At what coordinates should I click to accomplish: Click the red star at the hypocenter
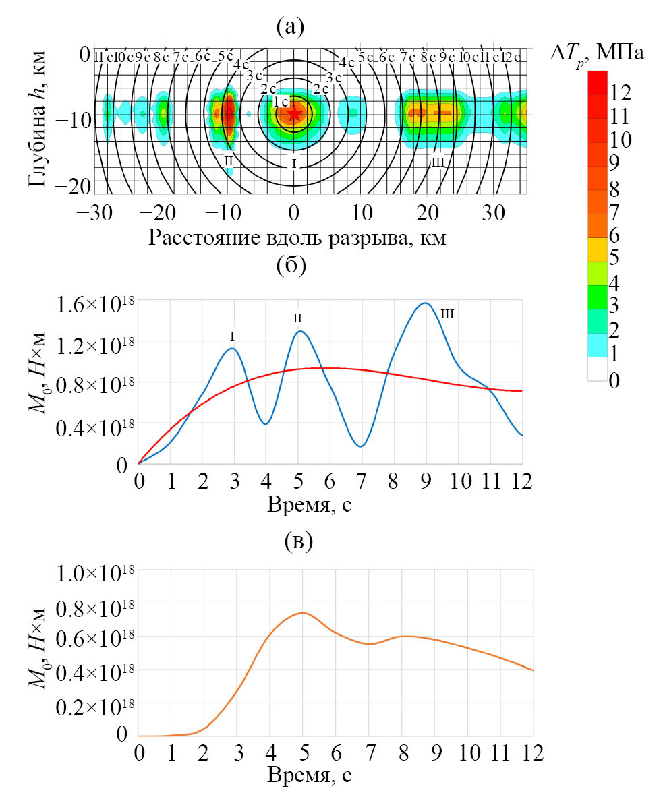[x=294, y=113]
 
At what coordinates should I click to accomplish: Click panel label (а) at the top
[x=291, y=27]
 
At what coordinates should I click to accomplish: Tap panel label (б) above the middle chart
[x=291, y=266]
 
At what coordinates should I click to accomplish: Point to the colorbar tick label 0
[x=613, y=382]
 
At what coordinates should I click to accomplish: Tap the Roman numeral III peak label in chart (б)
[x=448, y=314]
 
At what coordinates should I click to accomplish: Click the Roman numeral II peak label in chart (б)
[x=297, y=317]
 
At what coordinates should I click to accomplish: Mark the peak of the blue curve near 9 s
[x=425, y=303]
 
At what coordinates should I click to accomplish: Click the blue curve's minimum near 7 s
[x=362, y=446]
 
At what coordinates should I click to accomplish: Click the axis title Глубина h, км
[x=39, y=121]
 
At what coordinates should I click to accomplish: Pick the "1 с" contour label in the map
[x=281, y=102]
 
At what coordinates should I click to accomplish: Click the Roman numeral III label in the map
[x=438, y=162]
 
